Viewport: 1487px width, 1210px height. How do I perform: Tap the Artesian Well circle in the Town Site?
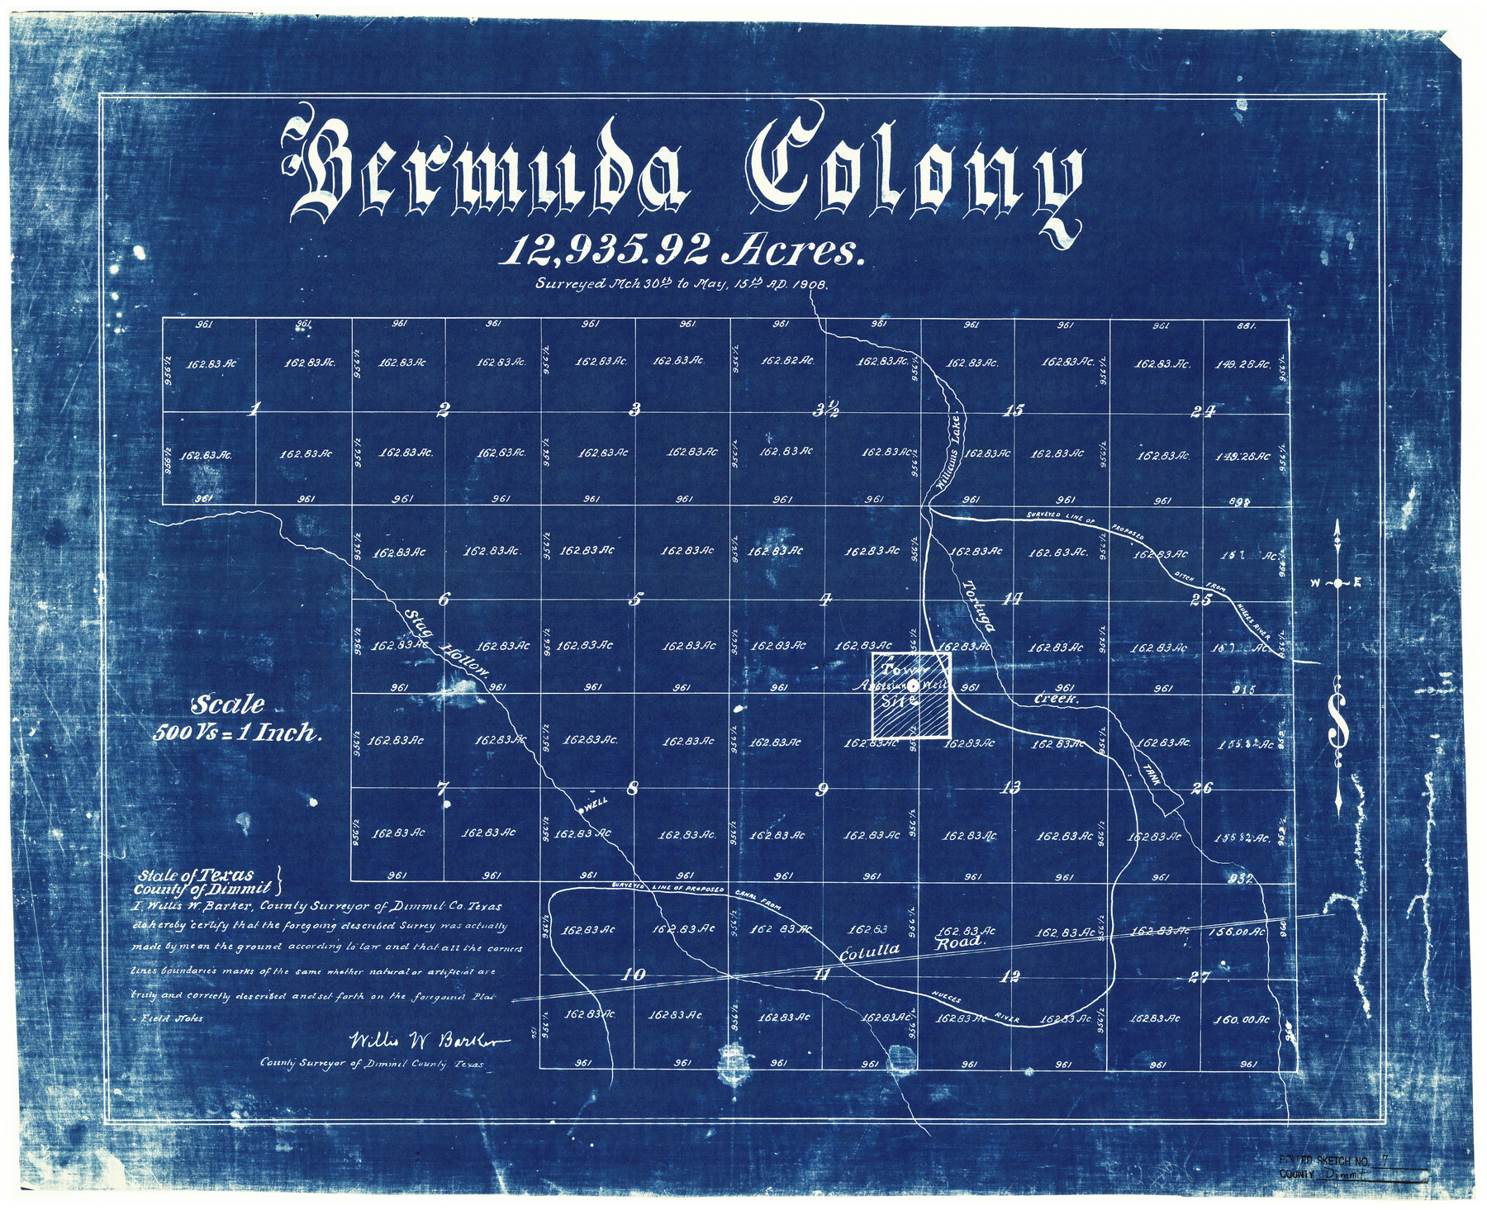click(913, 686)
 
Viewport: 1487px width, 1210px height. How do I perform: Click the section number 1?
click(255, 408)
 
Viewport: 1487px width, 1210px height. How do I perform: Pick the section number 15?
click(1012, 410)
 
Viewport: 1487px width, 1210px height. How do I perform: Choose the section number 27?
click(1199, 977)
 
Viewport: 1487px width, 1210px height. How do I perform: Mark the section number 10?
click(634, 975)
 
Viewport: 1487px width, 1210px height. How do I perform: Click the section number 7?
click(443, 787)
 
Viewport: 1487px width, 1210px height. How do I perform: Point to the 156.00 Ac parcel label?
click(1236, 931)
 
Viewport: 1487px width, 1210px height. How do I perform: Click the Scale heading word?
click(228, 705)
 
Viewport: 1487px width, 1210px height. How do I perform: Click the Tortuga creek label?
click(979, 605)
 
